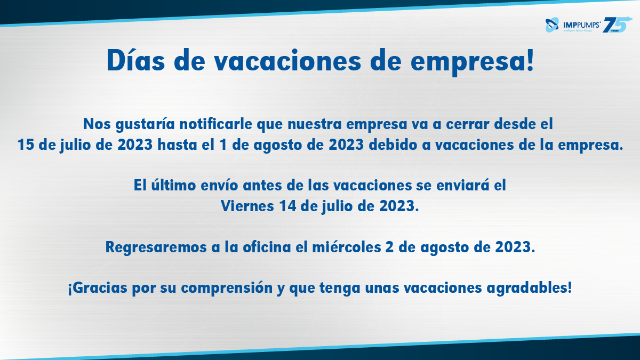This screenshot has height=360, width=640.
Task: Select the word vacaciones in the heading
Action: click(x=288, y=60)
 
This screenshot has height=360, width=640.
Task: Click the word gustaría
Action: click(x=145, y=125)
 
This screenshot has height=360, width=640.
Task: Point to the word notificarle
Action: click(x=215, y=124)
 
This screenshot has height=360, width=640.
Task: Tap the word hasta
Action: click(x=177, y=145)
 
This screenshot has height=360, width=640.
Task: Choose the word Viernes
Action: click(x=247, y=206)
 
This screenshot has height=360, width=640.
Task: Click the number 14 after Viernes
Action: click(x=287, y=206)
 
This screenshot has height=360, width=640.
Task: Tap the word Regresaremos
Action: click(x=156, y=247)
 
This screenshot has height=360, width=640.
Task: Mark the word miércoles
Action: click(x=347, y=247)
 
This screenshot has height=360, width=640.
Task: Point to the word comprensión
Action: click(x=227, y=288)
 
